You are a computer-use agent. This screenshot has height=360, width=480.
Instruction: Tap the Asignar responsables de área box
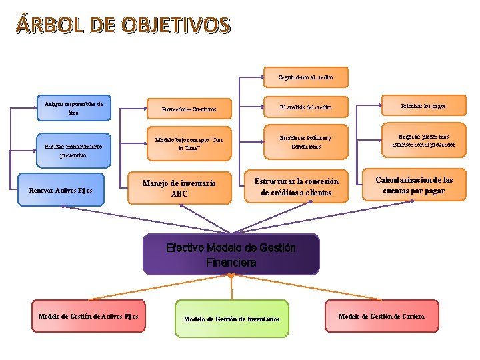tap(73, 109)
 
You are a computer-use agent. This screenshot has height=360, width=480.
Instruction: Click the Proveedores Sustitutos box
tap(189, 108)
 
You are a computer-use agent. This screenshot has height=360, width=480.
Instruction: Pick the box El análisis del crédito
tap(305, 107)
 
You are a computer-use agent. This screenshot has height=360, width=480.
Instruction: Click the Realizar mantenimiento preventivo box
tap(73, 151)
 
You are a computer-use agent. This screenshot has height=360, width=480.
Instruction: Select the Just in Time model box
tap(189, 144)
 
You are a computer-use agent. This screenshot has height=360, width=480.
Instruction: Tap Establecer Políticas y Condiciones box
tap(305, 143)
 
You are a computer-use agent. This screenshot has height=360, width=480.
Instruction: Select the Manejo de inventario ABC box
tap(179, 189)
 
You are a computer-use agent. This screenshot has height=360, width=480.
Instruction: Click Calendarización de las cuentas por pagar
tap(414, 185)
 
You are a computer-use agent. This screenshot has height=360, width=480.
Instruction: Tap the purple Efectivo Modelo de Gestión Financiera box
tap(231, 255)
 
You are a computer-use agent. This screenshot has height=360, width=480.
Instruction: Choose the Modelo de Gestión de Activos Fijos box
tap(89, 316)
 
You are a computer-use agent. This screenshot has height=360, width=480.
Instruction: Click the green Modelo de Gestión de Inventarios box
tap(231, 319)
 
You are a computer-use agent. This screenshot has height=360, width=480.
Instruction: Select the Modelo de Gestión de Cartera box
tap(381, 316)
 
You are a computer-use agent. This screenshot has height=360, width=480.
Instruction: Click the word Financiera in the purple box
tap(231, 263)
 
